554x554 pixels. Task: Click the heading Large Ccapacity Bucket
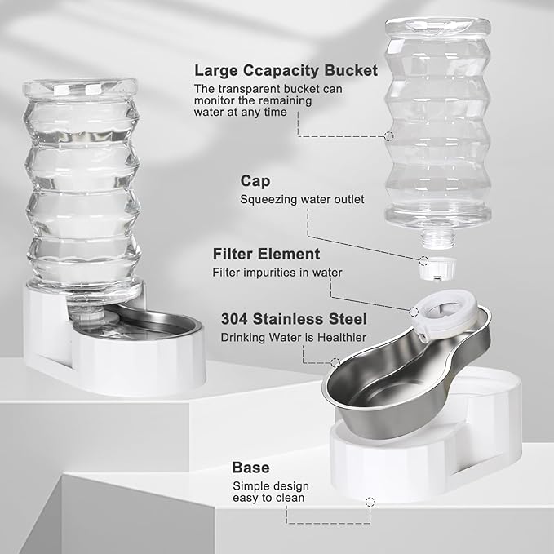pyautogui.click(x=286, y=71)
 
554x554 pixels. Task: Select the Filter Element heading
pyautogui.click(x=266, y=254)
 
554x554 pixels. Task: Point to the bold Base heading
pyautogui.click(x=250, y=468)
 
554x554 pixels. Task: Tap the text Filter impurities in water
pyautogui.click(x=277, y=272)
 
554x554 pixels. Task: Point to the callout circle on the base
pyautogui.click(x=370, y=500)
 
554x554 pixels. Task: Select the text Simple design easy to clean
pyautogui.click(x=270, y=493)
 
